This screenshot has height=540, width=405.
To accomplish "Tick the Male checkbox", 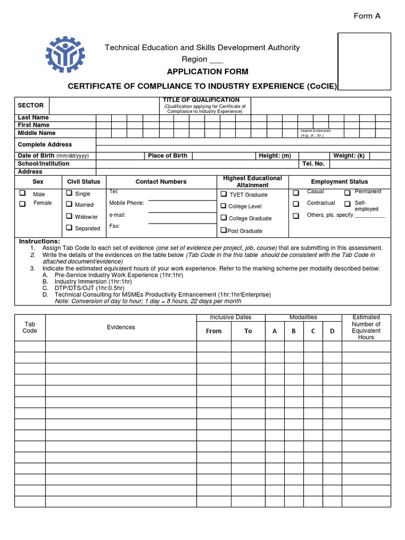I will click(23, 194).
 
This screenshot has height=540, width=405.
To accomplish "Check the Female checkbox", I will click(23, 204).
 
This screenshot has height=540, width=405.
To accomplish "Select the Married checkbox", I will click(69, 204).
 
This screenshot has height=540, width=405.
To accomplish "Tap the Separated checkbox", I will click(69, 228).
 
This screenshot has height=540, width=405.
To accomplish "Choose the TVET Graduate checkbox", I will click(224, 194).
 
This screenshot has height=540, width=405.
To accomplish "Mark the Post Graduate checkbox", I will click(224, 230).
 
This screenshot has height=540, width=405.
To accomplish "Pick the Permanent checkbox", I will click(348, 192).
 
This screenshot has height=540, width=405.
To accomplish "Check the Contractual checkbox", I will click(296, 204).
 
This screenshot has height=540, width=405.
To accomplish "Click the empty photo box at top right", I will click(364, 61).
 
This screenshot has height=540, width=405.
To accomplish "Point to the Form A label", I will click(367, 16).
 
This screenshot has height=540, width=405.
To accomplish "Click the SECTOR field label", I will click(31, 105).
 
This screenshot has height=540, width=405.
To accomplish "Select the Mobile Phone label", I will click(127, 203).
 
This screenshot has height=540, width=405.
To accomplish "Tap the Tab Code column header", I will click(30, 327).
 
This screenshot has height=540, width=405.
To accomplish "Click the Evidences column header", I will click(121, 327).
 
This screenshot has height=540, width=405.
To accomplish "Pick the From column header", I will click(214, 331).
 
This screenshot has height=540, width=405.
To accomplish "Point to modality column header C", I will click(313, 331).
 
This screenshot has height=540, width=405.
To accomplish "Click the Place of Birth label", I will click(167, 156).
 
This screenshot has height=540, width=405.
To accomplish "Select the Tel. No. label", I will click(313, 163).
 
